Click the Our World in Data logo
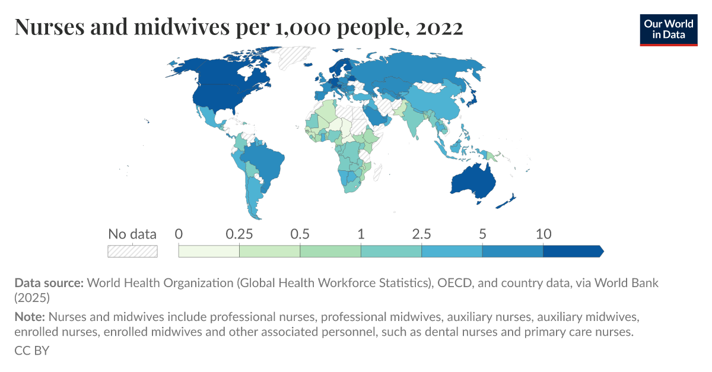click(668, 29)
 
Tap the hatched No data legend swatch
click(132, 251)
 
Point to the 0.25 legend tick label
click(239, 234)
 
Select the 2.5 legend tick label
click(421, 234)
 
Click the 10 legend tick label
click(543, 234)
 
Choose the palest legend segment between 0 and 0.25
click(209, 251)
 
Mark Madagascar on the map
click(379, 170)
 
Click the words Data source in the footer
click(49, 283)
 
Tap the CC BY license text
click(31, 351)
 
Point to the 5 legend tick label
click(482, 234)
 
